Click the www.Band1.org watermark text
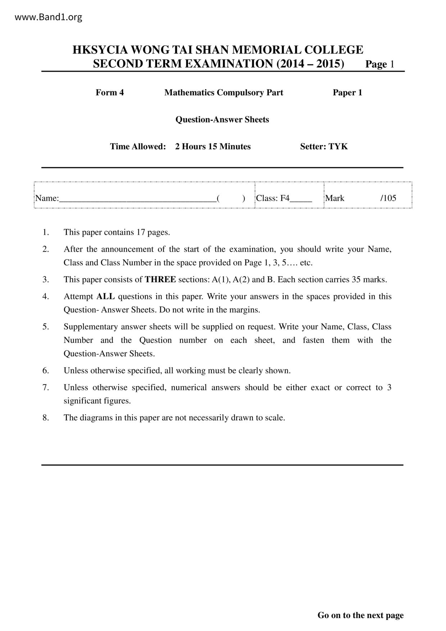click(x=49, y=17)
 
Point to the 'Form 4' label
click(x=110, y=92)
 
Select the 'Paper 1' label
click(x=347, y=92)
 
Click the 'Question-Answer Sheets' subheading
click(x=222, y=119)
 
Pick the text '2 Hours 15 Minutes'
click(x=213, y=146)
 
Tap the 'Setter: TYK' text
click(x=324, y=146)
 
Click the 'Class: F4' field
click(x=273, y=198)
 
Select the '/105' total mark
click(x=388, y=198)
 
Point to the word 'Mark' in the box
click(x=335, y=198)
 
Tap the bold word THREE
click(x=160, y=280)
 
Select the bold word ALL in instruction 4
click(x=105, y=296)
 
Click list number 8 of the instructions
click(x=46, y=418)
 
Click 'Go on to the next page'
click(x=360, y=615)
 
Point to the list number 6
click(x=46, y=371)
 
